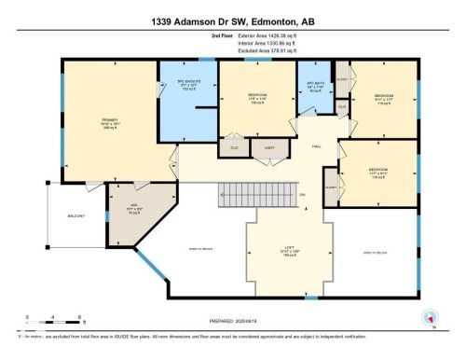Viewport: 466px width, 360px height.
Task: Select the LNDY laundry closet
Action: [x=269, y=146]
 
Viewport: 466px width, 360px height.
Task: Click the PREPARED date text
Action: [x=233, y=317]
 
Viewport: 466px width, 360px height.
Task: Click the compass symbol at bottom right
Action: [x=430, y=317]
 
